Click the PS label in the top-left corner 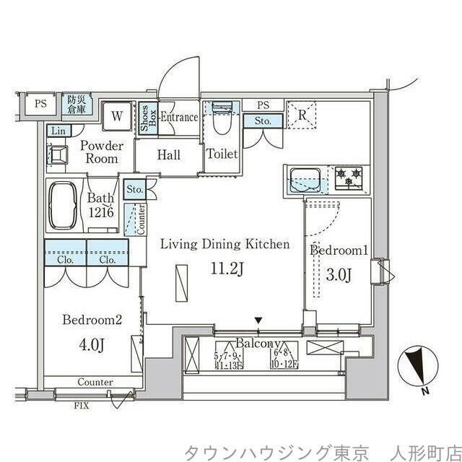pyautogui.click(x=40, y=103)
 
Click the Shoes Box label pyautogui.click(x=144, y=117)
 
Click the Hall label pyautogui.click(x=169, y=154)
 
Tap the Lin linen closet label pyautogui.click(x=56, y=131)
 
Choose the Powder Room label pyautogui.click(x=101, y=152)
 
